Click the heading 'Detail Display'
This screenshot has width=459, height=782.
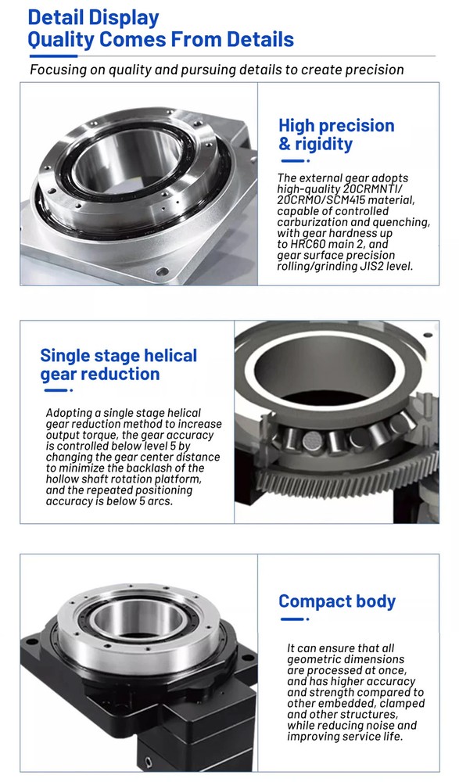click(93, 17)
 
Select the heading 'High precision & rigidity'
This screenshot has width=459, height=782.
click(336, 135)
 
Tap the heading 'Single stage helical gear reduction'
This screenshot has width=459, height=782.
click(118, 364)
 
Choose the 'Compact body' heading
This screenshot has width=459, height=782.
click(337, 601)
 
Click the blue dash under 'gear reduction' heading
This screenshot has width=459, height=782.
click(59, 390)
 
